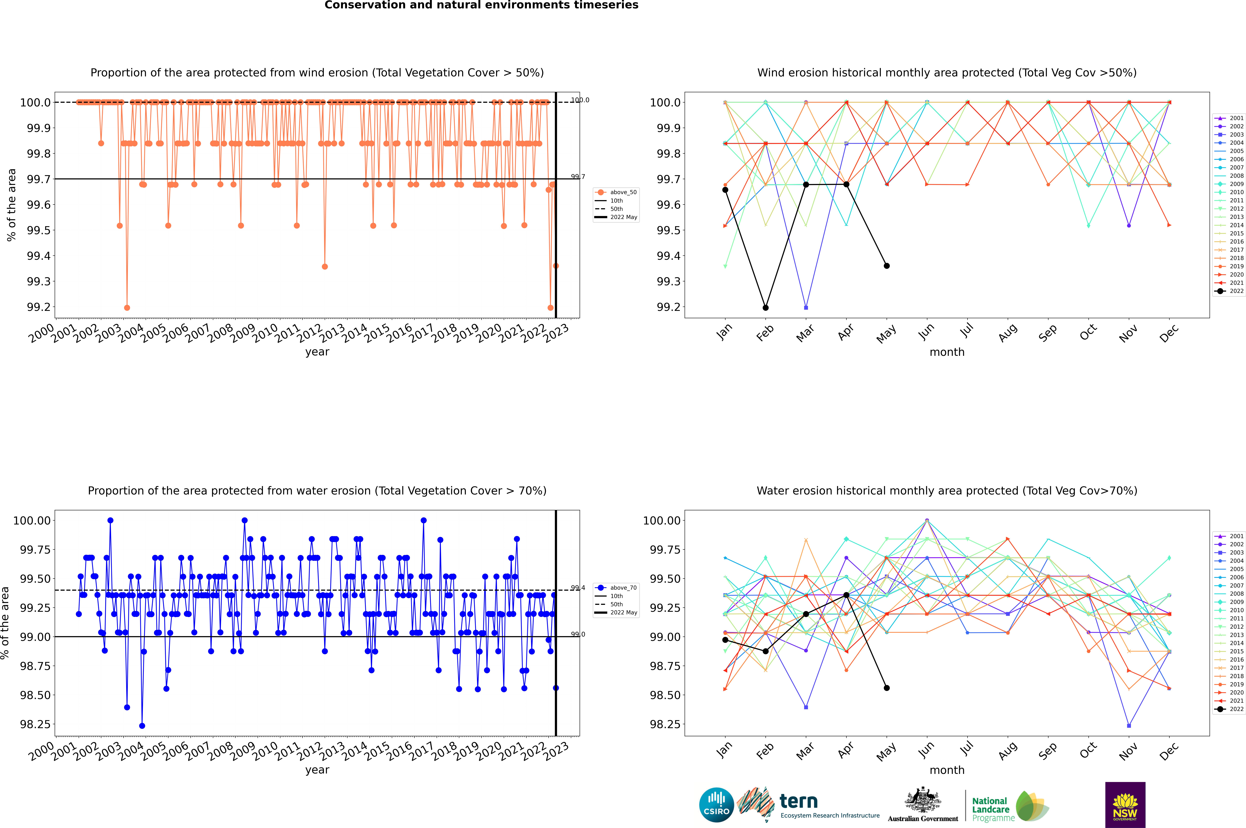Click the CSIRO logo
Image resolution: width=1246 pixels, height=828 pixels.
pos(716,805)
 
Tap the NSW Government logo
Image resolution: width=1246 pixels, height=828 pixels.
pos(1125,805)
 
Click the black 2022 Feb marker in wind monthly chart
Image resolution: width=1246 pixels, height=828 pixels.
pos(765,307)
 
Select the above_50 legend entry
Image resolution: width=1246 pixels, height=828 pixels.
pos(616,192)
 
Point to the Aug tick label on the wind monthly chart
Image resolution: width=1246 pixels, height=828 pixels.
pos(1007,333)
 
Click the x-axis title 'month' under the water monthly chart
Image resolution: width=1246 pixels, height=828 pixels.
pos(947,770)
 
